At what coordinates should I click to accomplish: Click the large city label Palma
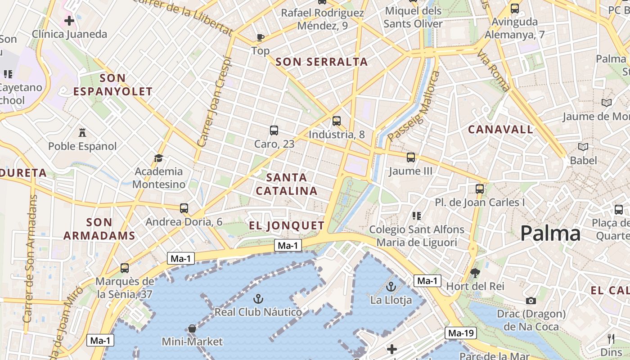point(550,234)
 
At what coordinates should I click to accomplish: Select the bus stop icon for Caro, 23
point(274,130)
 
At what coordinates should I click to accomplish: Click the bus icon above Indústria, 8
point(336,121)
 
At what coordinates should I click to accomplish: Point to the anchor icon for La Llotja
point(391,286)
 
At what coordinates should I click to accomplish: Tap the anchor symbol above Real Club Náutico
point(258,298)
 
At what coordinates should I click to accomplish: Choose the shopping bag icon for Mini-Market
point(192,328)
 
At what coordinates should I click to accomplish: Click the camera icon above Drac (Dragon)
point(531,301)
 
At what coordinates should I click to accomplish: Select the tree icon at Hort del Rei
point(475,273)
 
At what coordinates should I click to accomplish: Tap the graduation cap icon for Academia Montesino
point(158,158)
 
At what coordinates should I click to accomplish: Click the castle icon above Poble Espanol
point(82,132)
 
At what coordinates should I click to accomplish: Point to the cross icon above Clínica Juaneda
point(69,21)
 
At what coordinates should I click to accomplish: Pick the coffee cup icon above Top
point(260,37)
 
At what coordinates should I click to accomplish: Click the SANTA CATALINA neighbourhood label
point(287,184)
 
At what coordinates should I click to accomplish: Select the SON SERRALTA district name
point(321,62)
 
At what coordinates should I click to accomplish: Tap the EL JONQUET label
point(287,225)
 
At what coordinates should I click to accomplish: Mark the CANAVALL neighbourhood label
point(500,130)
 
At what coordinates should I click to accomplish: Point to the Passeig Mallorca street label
point(413,106)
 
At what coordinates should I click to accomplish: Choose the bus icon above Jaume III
point(410,157)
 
